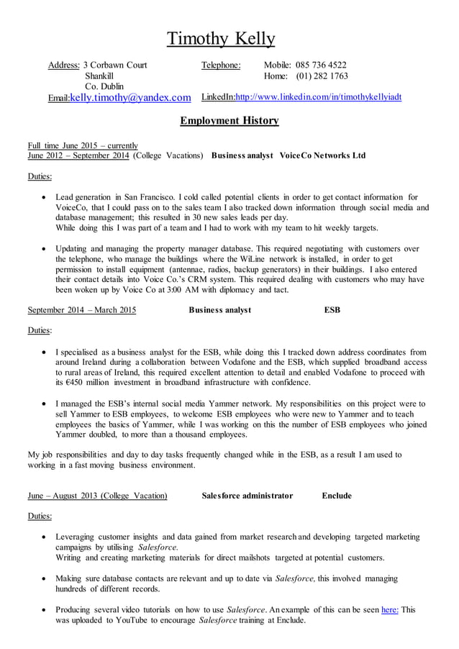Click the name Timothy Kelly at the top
(221, 38)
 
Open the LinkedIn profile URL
(319, 97)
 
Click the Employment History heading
(229, 121)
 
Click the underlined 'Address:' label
(63, 65)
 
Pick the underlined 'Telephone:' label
(221, 65)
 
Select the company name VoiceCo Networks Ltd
(322, 155)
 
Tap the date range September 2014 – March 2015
(81, 310)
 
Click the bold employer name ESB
(332, 310)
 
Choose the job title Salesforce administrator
(247, 496)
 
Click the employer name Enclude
(337, 496)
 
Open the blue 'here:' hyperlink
(390, 609)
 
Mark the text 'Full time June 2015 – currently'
(82, 145)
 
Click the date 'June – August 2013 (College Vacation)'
(97, 496)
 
